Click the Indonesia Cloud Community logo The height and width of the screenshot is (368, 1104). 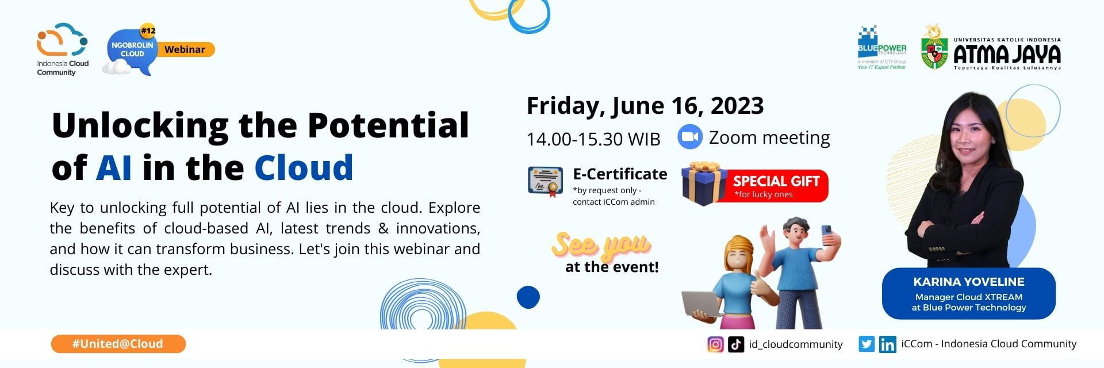[62, 49]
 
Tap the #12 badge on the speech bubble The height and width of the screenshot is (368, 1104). [148, 30]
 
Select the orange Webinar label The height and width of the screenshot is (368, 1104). [185, 49]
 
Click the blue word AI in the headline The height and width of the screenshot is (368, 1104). [114, 167]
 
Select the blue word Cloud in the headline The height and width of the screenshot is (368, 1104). [303, 167]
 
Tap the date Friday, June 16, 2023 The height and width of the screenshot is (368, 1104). [645, 105]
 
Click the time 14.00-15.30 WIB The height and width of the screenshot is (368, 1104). [593, 139]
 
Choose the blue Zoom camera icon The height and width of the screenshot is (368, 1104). [690, 137]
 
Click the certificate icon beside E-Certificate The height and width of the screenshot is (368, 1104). [545, 182]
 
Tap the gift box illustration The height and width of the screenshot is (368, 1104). [703, 183]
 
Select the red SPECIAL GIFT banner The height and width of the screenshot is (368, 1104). [776, 186]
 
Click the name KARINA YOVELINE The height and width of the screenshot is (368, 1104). [968, 282]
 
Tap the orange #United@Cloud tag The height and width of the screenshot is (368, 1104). [118, 344]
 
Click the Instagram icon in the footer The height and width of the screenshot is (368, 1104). [715, 344]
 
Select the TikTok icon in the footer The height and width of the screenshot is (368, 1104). [736, 344]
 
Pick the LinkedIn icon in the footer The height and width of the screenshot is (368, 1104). [887, 344]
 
